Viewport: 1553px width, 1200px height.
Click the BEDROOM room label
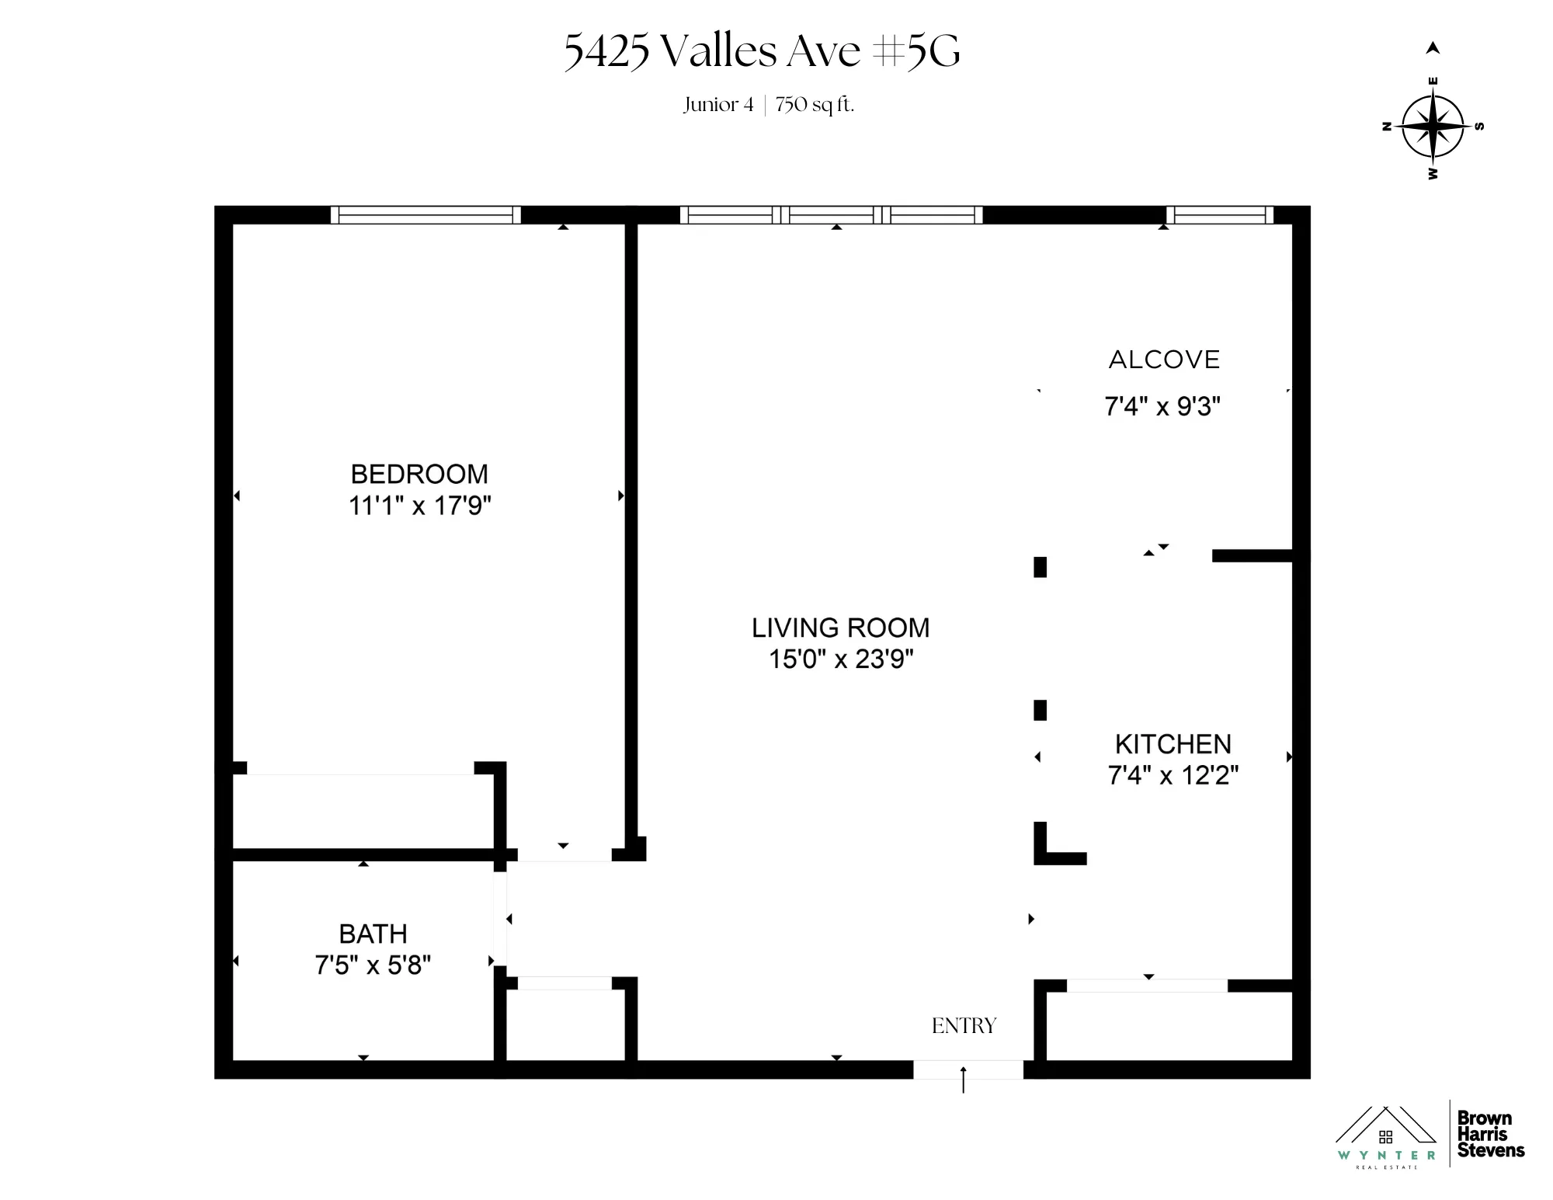[419, 474]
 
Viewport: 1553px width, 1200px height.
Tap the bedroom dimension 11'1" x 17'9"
[419, 506]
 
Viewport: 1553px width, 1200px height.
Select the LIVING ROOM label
[840, 628]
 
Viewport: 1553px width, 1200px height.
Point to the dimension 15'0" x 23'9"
[840, 659]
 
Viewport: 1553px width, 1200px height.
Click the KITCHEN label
[1173, 744]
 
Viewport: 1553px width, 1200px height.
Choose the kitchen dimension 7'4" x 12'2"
[1173, 775]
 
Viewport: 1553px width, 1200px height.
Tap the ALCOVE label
[1164, 360]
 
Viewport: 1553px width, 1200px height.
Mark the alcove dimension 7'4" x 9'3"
[1162, 406]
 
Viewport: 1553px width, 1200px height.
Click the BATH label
[373, 934]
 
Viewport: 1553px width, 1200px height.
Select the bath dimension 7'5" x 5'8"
[373, 965]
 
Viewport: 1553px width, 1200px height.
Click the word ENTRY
[964, 1026]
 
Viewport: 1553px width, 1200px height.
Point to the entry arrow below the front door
[964, 1080]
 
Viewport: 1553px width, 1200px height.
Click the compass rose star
[1433, 126]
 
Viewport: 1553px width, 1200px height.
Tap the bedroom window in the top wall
[426, 215]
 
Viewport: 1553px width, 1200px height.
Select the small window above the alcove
[1220, 215]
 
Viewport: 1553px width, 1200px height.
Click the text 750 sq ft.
[815, 105]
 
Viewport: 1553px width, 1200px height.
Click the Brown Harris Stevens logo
[1490, 1134]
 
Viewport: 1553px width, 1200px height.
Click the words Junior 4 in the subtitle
[718, 105]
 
